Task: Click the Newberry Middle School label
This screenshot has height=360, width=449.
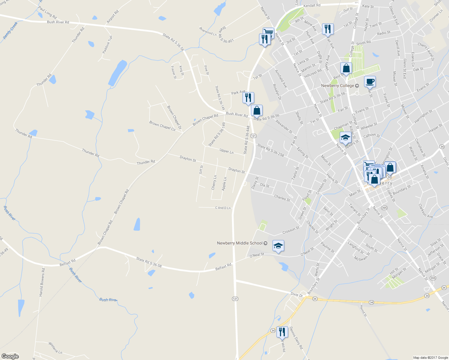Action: click(x=240, y=243)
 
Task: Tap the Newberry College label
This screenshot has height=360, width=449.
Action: click(x=338, y=85)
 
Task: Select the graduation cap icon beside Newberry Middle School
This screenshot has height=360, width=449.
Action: click(x=278, y=246)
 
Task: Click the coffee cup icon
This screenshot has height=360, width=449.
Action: click(x=370, y=81)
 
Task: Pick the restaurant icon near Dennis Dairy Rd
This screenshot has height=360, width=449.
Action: click(x=282, y=332)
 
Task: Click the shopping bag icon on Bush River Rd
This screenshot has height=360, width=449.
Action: click(x=257, y=110)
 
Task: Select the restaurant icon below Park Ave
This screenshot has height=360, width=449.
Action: click(x=248, y=97)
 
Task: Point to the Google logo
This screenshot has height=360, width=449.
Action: click(x=10, y=356)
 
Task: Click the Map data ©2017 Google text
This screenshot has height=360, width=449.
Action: click(x=430, y=357)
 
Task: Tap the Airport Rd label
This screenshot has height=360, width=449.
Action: click(x=113, y=17)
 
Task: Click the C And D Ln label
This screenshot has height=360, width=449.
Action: click(x=223, y=208)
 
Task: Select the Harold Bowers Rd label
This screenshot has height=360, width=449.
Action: click(x=42, y=282)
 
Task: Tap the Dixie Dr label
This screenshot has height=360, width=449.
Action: click(x=297, y=295)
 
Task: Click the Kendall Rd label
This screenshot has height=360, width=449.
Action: click(x=312, y=5)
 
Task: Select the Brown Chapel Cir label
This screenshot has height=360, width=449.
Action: click(x=162, y=126)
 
